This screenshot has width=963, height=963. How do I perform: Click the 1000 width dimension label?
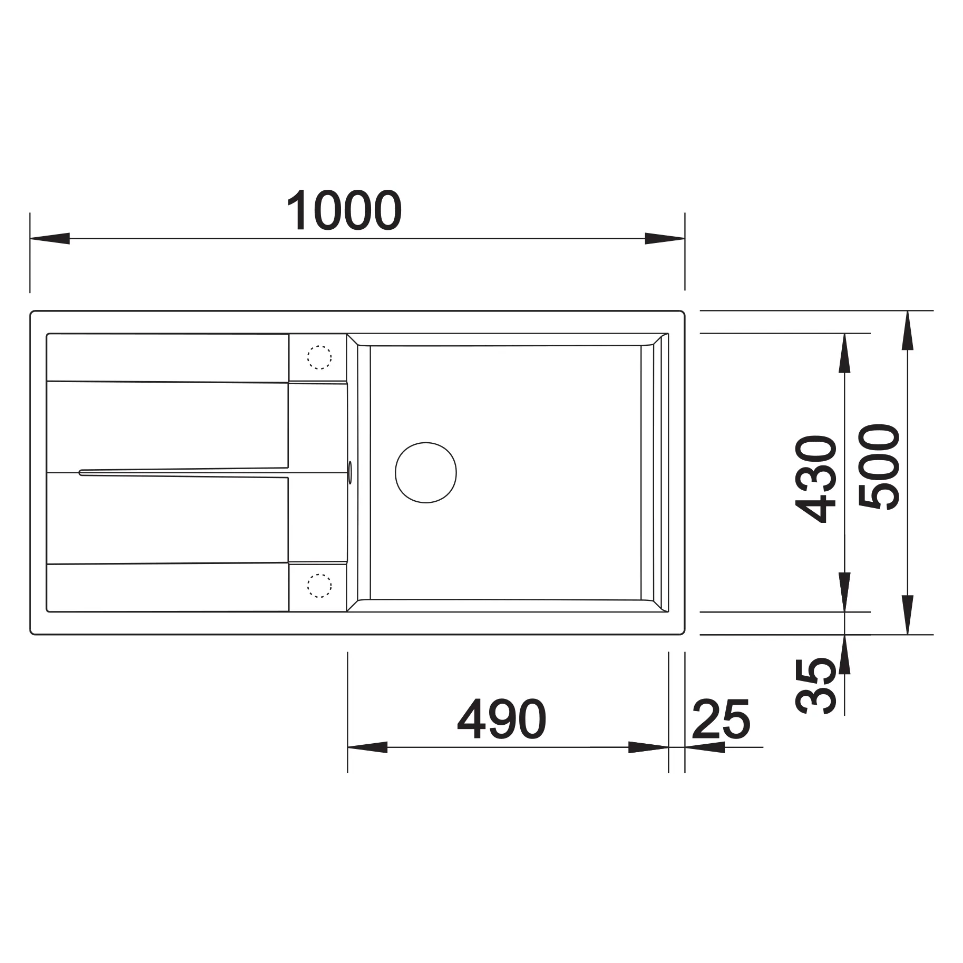pos(344,210)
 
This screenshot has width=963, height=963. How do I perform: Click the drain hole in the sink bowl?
pos(426,472)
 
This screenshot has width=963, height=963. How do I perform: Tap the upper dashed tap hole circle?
pos(319,357)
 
